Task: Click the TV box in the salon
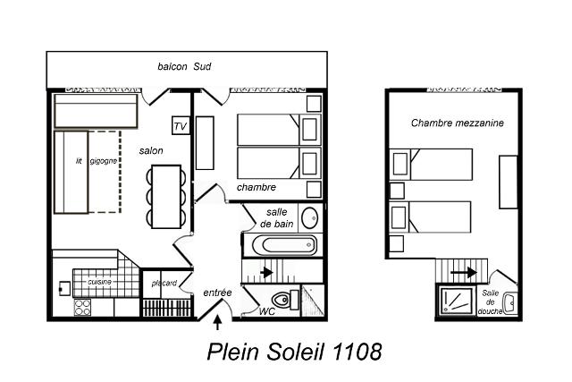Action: (x=181, y=125)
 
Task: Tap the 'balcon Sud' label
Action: (x=184, y=66)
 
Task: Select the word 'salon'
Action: (x=151, y=150)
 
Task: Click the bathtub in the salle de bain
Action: (x=284, y=245)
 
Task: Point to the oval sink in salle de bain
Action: (x=310, y=218)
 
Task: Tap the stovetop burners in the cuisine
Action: (x=82, y=307)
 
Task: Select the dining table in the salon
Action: (x=166, y=197)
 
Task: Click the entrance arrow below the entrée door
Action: (x=217, y=322)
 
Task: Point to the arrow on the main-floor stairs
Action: (x=266, y=272)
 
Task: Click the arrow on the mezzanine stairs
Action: (x=464, y=273)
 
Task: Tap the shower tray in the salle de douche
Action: (x=456, y=301)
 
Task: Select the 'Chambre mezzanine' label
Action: (x=457, y=123)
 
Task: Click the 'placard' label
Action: (x=164, y=283)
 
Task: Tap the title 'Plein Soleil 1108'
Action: (x=294, y=352)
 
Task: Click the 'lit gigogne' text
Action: (x=97, y=161)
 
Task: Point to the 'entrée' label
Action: (x=217, y=293)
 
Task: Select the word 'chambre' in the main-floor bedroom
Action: (x=257, y=187)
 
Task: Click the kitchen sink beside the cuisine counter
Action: (x=65, y=288)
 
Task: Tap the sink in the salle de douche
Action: (x=510, y=303)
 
